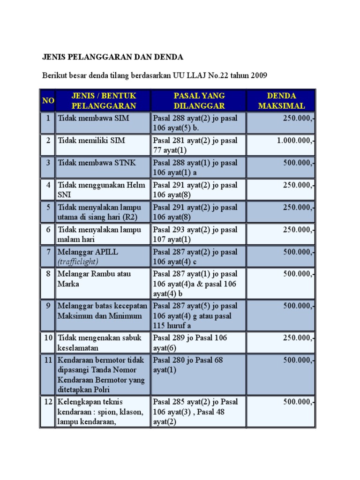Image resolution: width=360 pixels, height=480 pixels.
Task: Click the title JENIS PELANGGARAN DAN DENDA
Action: click(x=112, y=57)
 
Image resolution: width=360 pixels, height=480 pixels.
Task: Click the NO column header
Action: click(x=48, y=101)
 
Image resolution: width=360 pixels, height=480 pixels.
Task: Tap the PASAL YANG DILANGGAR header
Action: click(x=199, y=101)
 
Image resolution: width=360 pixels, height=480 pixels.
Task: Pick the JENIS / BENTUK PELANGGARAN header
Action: click(x=104, y=101)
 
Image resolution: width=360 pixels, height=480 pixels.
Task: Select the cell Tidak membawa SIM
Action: click(x=93, y=118)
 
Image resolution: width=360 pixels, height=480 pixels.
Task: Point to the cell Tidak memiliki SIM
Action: click(x=91, y=141)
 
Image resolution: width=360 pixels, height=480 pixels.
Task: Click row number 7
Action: click(x=48, y=252)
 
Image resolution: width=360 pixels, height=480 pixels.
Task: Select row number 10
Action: click(x=48, y=337)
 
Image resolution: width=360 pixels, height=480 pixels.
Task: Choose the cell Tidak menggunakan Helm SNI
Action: click(x=101, y=190)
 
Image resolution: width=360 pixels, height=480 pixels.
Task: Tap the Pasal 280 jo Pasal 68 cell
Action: click(x=188, y=365)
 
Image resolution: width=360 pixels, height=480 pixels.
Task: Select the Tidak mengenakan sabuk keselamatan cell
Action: click(x=99, y=343)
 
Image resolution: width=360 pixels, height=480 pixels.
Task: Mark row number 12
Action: click(x=48, y=402)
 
